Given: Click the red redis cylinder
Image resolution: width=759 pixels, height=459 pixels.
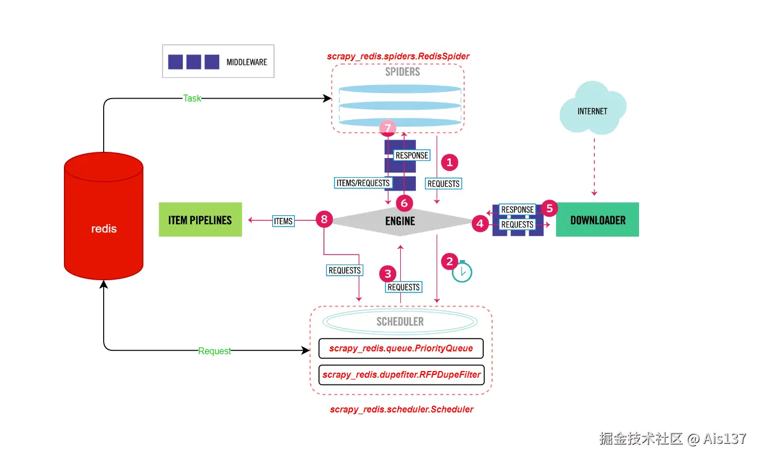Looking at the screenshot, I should pos(104,219).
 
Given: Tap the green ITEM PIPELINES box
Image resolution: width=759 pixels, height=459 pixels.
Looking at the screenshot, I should pos(200,220).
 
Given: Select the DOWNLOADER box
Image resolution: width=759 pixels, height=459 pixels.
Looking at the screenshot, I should pos(598,220).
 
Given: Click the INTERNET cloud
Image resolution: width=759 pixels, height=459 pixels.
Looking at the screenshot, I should pos(593,110).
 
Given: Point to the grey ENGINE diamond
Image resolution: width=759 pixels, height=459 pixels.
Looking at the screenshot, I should pos(400,221).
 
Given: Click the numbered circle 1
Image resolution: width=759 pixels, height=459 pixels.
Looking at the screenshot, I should pos(450,163).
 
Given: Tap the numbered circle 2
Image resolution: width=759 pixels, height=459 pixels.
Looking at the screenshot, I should pos(450,261).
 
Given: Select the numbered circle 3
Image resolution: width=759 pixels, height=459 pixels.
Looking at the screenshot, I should pos(387,273).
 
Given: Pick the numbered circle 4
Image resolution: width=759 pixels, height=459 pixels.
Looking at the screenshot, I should pos(479,224).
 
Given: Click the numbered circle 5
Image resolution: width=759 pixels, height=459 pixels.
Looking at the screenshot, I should pos(549,208).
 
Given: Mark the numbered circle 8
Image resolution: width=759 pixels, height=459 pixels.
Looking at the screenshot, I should pos(324,219).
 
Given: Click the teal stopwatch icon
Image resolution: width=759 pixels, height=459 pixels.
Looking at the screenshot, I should pos(462,272).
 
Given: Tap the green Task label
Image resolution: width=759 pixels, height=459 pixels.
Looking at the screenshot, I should pos(192,98).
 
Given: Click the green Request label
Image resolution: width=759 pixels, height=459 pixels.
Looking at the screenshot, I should pos(214,351).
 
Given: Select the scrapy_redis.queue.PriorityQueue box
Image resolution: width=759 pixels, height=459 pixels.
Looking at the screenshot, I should pos(401,349).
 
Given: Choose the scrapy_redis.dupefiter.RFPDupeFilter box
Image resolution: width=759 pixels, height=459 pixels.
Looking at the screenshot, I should pos(401,374).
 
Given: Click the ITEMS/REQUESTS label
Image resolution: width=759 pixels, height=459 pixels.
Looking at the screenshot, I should pos(363,183).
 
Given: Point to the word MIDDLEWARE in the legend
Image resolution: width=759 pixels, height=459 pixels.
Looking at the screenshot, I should pos(247,62).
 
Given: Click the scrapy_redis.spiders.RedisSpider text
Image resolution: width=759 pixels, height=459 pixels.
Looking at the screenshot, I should pos(398,56).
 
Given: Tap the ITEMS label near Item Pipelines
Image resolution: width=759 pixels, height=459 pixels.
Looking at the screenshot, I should pos(283,221).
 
